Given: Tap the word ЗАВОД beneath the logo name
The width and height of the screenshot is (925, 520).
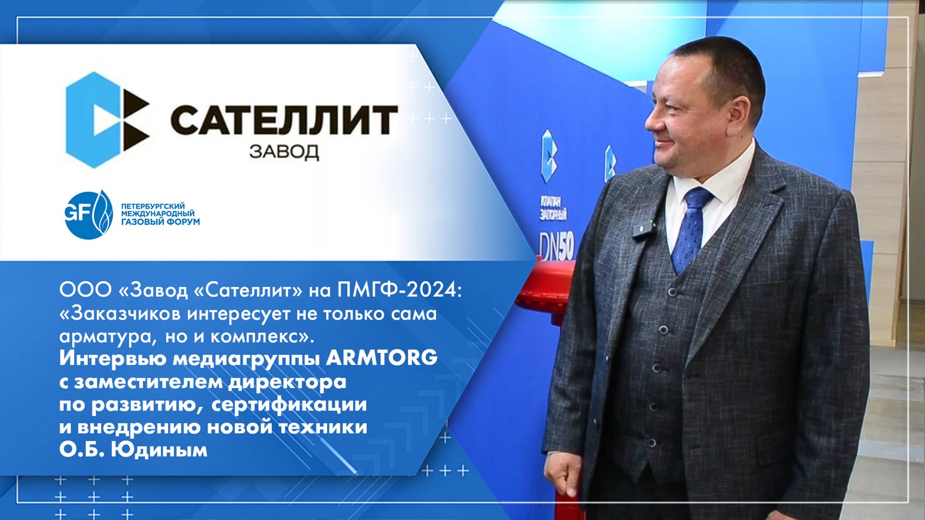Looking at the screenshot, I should [284, 152].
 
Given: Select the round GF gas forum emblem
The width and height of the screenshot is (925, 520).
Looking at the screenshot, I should [89, 215].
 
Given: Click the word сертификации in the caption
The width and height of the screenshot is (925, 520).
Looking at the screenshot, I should [289, 404].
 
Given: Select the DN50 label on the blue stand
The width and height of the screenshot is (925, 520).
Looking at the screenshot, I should [557, 248].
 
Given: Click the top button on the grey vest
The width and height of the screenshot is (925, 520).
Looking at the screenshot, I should [673, 292].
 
